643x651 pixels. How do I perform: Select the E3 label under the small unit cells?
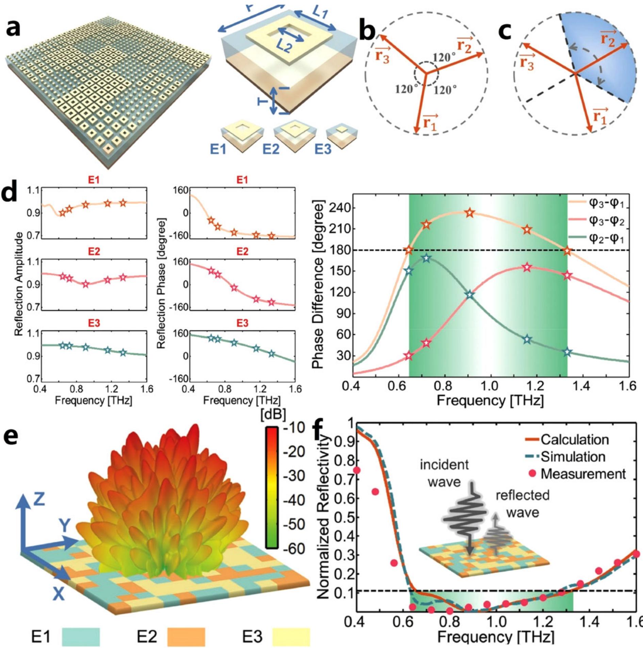pos(323,149)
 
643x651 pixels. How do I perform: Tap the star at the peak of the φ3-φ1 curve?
pos(470,213)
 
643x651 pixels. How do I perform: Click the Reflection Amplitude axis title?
pos(19,284)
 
